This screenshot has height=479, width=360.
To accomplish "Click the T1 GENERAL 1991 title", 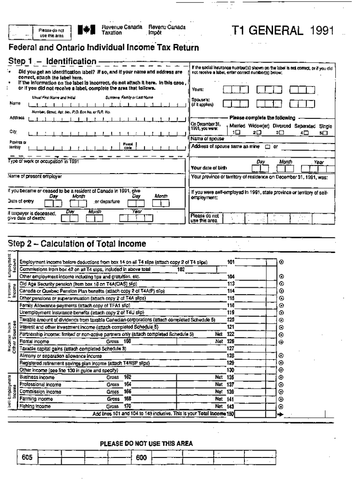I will click(283, 31).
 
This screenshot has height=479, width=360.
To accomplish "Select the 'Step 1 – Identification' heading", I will click(52, 61).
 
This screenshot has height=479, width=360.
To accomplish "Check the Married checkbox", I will click(238, 132).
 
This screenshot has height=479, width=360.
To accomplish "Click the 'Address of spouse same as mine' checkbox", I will click(267, 146).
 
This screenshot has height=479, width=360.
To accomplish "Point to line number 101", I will click(230, 262).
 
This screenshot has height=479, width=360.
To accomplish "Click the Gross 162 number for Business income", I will click(128, 377).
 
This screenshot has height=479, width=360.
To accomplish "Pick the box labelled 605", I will click(27, 457).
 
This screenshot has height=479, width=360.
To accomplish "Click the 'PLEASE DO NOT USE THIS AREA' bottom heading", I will click(146, 443).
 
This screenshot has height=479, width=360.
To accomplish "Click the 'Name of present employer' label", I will click(35, 177).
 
